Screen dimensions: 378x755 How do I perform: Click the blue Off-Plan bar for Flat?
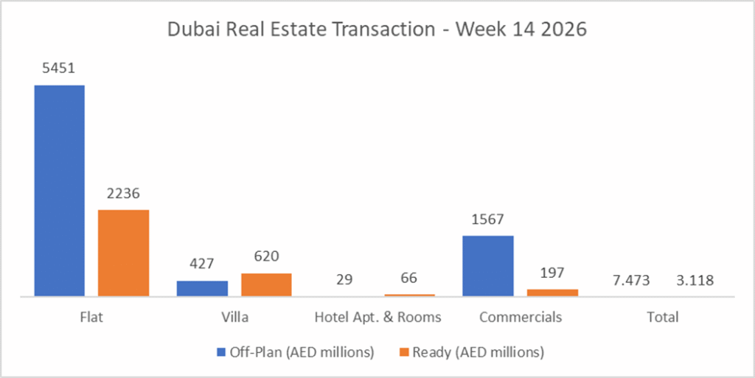coord(59,190)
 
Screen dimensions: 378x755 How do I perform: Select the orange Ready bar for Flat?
coord(123,253)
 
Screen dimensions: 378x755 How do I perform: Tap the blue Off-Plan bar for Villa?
coord(202,288)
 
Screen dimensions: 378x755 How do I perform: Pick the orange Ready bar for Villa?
coord(266,284)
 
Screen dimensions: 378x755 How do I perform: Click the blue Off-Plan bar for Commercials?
coord(487,265)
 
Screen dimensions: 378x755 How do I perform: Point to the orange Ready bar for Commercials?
coord(552,293)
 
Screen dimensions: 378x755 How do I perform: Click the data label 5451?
coord(59,69)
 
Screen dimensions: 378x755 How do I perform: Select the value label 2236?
coord(123,194)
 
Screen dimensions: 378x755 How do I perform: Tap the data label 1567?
coord(487,220)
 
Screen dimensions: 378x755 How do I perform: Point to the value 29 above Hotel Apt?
coord(344,280)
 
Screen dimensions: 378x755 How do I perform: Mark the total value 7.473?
coord(630,281)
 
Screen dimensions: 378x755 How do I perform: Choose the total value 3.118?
coord(695,281)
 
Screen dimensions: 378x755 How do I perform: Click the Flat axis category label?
coord(91,318)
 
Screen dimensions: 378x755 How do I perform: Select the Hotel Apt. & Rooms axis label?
coord(377,318)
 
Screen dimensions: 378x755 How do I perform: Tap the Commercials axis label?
coord(520,318)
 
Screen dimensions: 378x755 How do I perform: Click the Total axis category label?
coord(662,318)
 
